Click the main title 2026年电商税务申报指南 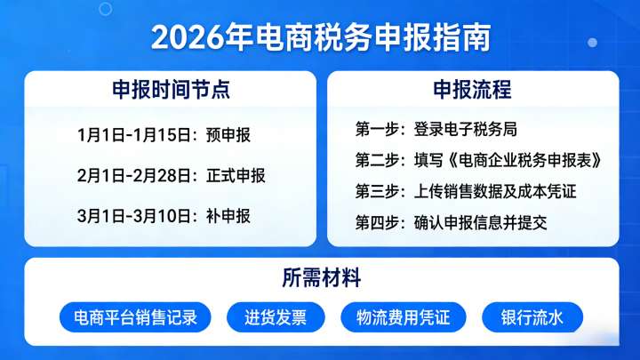click(x=320, y=36)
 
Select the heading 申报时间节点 click(x=170, y=90)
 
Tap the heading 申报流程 click(x=472, y=90)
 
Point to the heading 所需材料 click(x=321, y=278)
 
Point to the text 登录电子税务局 click(x=465, y=130)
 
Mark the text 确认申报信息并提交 click(x=480, y=222)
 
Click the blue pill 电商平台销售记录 click(x=135, y=317)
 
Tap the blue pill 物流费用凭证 click(x=404, y=317)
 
